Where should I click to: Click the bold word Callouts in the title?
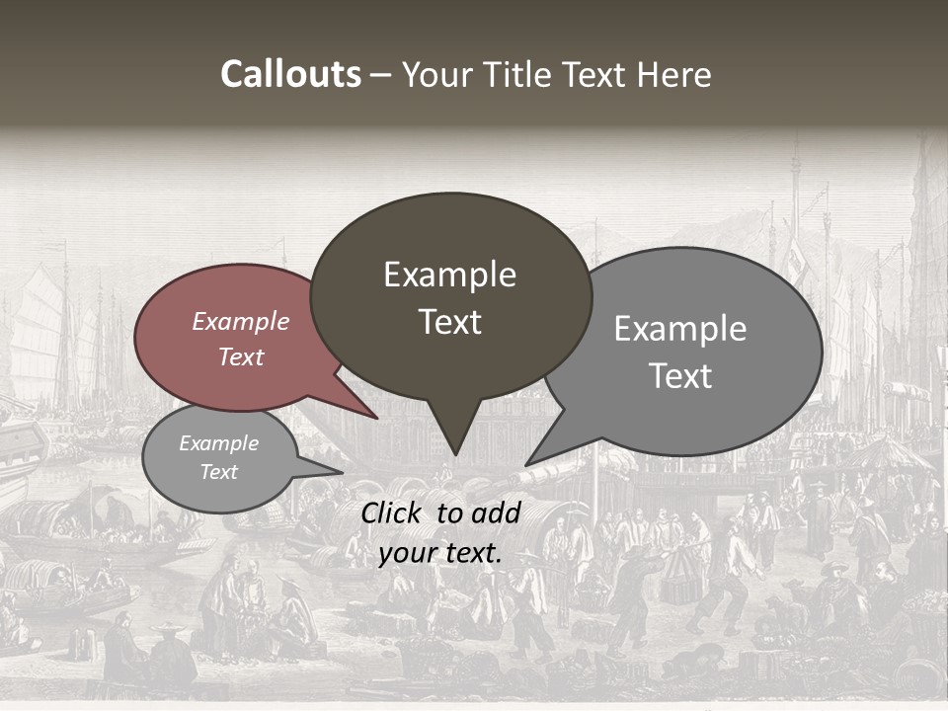coord(290,74)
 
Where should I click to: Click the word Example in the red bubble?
coord(240,321)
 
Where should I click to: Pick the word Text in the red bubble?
coord(240,356)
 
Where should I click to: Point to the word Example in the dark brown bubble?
coord(449,275)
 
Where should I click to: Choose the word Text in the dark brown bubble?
coord(449,322)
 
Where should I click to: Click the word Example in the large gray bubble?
coord(679,329)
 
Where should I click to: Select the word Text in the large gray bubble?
coord(679,376)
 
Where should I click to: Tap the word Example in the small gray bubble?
coord(218,443)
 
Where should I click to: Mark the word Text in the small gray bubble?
coord(218,472)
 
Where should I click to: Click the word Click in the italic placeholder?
coord(394,513)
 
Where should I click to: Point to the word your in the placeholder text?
coord(407,553)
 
